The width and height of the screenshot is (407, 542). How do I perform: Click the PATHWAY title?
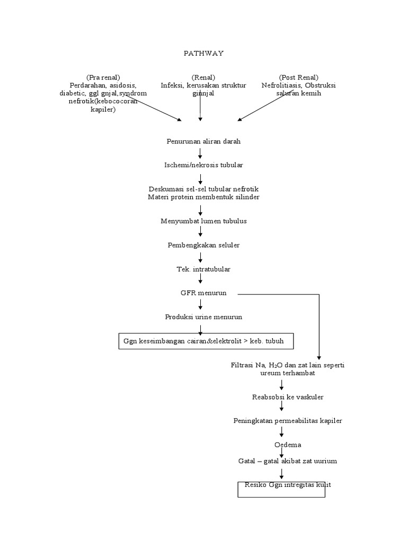coord(203,53)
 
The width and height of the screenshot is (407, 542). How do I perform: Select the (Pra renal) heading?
coord(103,77)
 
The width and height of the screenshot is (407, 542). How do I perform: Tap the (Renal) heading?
coord(203,77)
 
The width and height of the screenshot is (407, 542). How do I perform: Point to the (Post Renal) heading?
coord(298,77)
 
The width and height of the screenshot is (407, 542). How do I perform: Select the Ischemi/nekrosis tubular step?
coord(203,165)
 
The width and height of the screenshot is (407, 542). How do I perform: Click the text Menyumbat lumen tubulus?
coord(203,221)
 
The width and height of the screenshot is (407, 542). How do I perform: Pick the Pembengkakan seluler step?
coord(203,245)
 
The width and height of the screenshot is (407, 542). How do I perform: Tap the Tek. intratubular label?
coord(203,269)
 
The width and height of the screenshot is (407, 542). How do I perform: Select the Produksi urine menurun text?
coord(203,317)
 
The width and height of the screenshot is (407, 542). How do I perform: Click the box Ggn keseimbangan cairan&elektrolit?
coord(205,341)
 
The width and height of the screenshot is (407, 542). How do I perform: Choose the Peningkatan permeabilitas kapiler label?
coord(287,421)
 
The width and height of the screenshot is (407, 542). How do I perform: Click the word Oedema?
coord(287,445)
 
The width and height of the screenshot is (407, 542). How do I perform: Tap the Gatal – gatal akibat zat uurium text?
coord(287,461)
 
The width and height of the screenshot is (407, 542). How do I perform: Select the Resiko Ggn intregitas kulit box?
coord(281,489)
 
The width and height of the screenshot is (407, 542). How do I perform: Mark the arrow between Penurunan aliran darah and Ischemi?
coord(200,153)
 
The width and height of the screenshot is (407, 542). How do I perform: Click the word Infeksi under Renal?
coord(172,85)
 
